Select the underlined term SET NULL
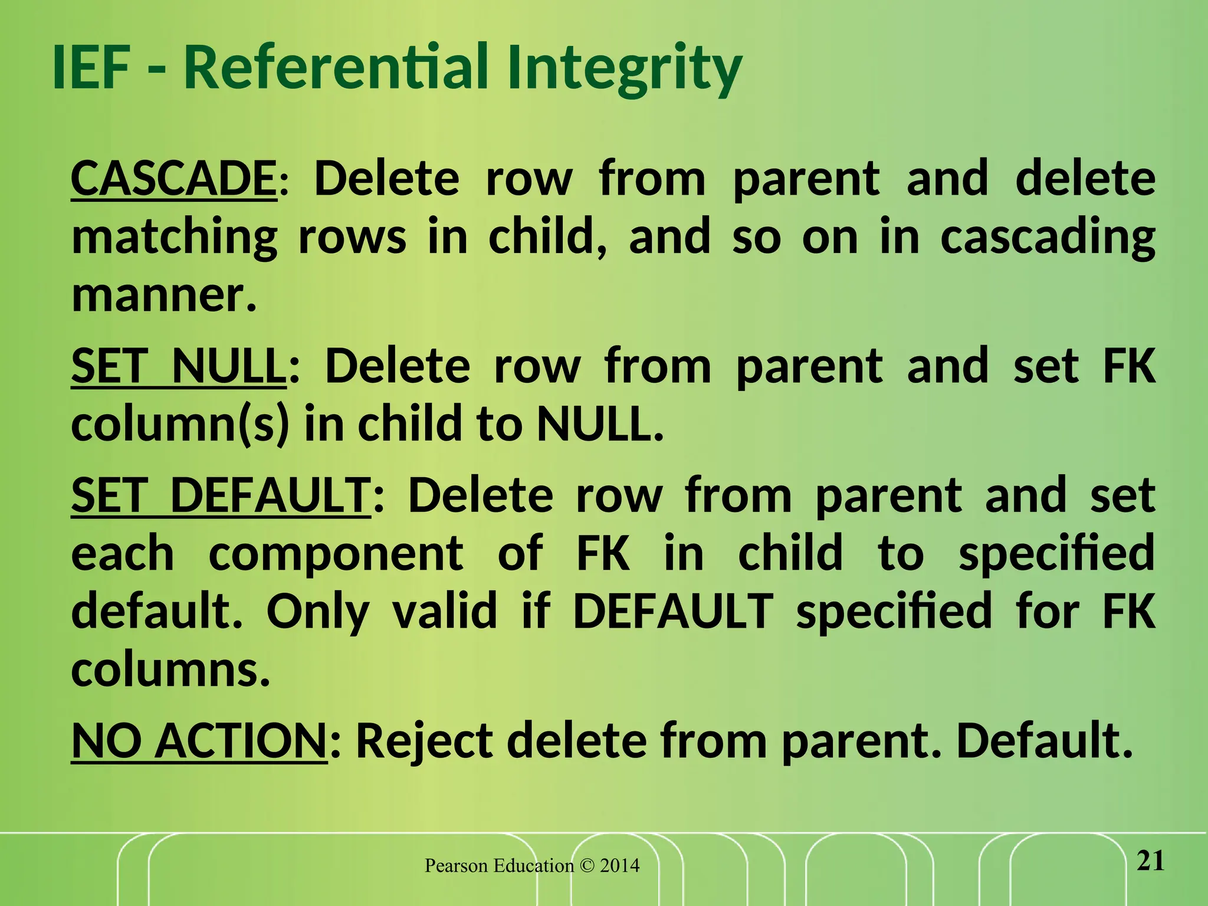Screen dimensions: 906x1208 tap(178, 366)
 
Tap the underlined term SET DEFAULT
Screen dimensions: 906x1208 tap(221, 495)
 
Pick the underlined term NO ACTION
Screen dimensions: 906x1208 tap(199, 741)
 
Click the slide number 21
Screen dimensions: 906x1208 tap(1150, 862)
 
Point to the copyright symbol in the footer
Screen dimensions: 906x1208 tap(587, 866)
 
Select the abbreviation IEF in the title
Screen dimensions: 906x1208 tap(91, 68)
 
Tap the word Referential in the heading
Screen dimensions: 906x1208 tap(336, 68)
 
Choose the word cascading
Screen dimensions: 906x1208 tap(1048, 237)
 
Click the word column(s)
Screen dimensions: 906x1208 tap(180, 425)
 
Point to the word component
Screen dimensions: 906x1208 tap(336, 554)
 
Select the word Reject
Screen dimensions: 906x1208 tap(425, 741)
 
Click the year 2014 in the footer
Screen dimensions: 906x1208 tap(619, 866)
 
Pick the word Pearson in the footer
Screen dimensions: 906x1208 tap(456, 866)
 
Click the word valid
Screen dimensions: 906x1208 tap(445, 612)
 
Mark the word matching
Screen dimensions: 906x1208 tap(174, 237)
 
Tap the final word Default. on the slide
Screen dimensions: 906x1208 tap(1045, 741)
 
